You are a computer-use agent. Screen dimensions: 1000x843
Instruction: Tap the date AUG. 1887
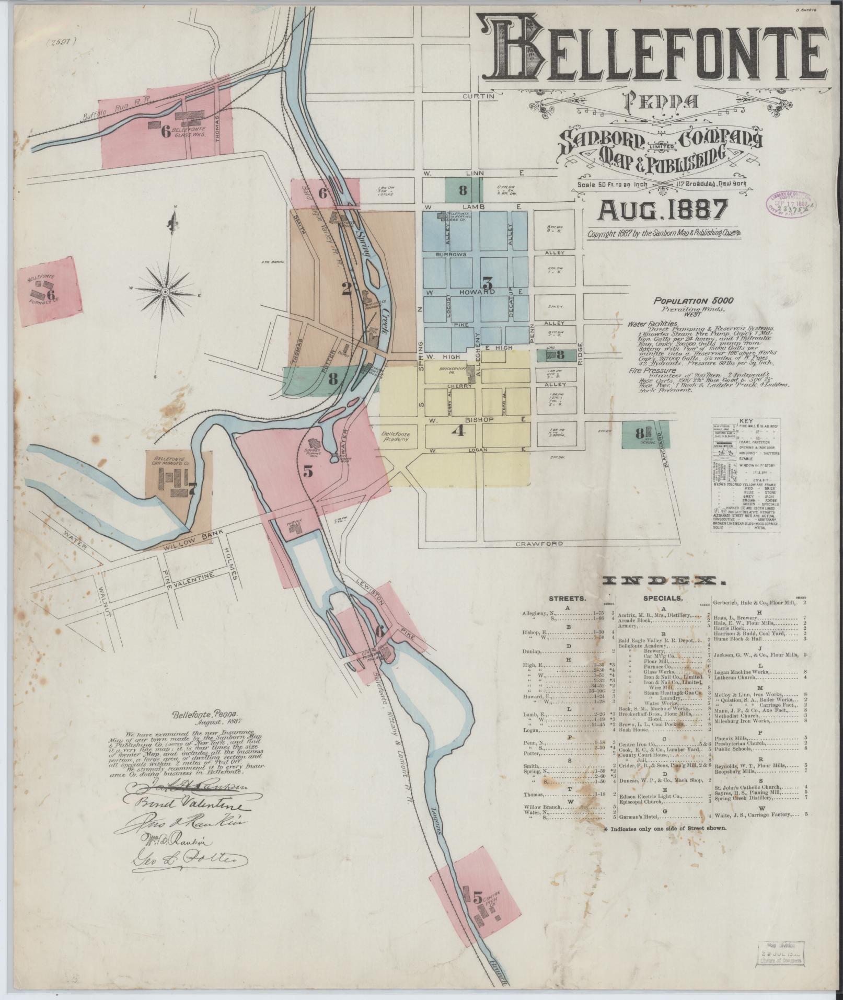click(663, 211)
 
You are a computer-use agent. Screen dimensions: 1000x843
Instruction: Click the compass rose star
click(166, 291)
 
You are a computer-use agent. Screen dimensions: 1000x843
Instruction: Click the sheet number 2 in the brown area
click(347, 289)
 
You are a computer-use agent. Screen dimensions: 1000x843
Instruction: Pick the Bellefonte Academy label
click(396, 437)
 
